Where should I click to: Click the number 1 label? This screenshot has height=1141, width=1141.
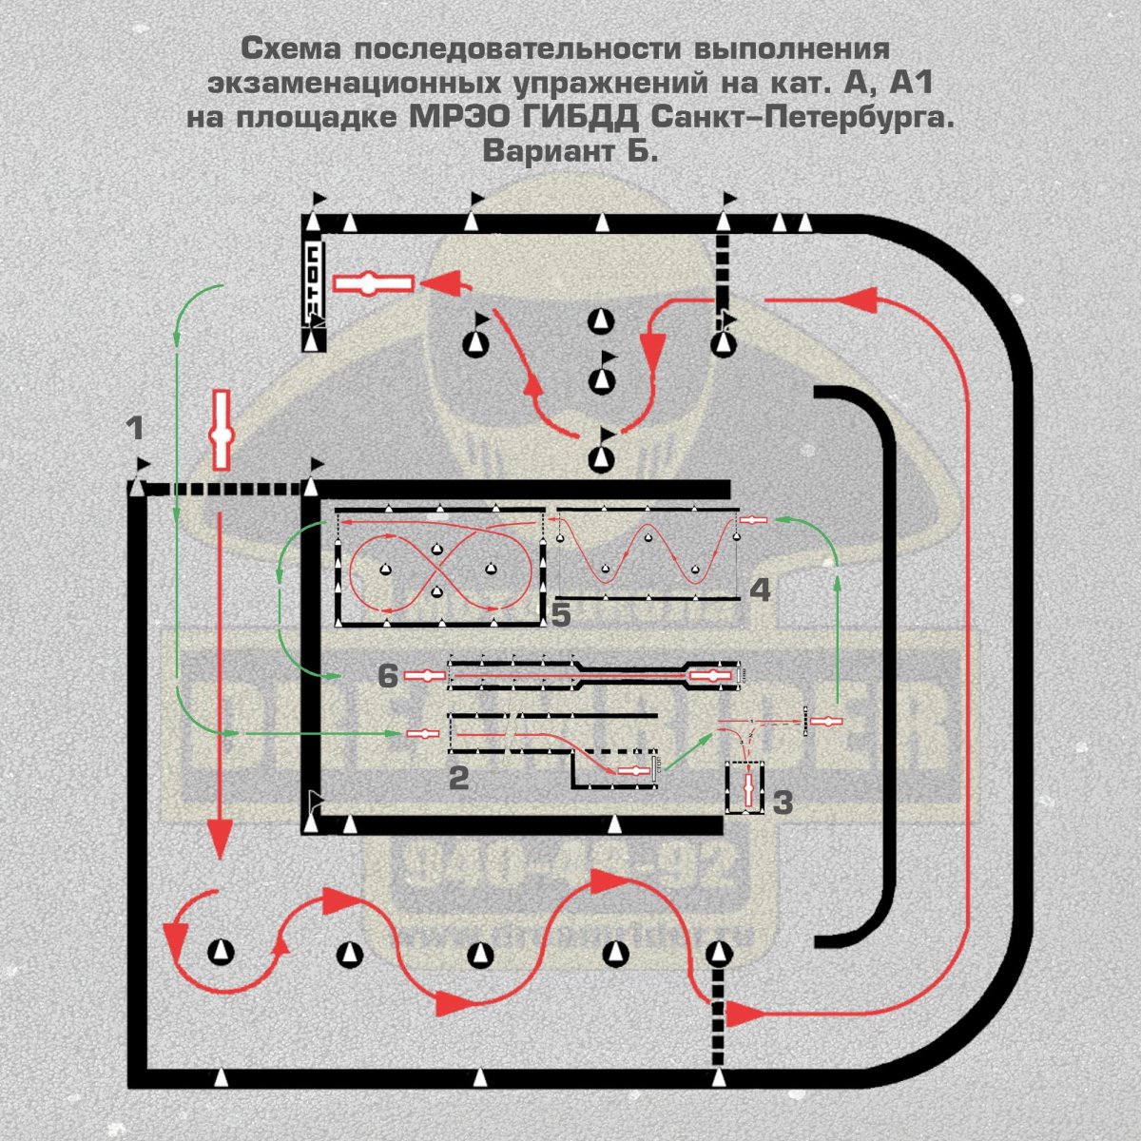tap(136, 428)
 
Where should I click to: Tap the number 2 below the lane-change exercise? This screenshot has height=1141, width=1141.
tap(459, 778)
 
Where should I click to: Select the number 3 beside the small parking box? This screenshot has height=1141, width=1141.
tap(782, 803)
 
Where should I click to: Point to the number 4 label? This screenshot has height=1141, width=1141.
tap(760, 590)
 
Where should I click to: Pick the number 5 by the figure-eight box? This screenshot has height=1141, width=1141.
tap(561, 615)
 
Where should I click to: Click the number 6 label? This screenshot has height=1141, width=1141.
tap(387, 676)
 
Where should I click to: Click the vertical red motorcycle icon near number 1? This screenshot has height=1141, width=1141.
tap(222, 430)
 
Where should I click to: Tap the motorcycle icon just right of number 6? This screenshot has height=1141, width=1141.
tap(425, 675)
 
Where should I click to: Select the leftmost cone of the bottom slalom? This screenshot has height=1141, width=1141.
tap(221, 951)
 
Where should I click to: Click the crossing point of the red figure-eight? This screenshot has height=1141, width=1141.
tap(436, 570)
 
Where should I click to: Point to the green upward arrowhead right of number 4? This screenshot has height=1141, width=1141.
tap(837, 580)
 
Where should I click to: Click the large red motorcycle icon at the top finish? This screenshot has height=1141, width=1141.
tap(373, 283)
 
